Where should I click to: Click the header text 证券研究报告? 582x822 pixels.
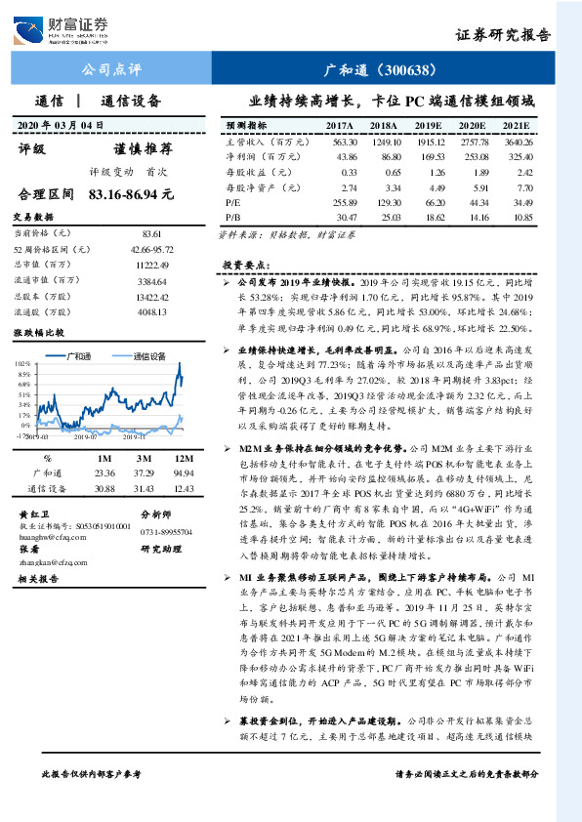pos(502,35)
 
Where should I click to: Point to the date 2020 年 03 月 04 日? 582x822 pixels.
pos(60,125)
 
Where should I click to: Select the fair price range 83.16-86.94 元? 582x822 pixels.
pos(130,194)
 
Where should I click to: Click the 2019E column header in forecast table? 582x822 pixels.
pos(428,126)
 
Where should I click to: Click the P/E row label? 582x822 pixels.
pos(233,200)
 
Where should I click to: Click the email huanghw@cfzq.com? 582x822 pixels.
pos(47,534)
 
